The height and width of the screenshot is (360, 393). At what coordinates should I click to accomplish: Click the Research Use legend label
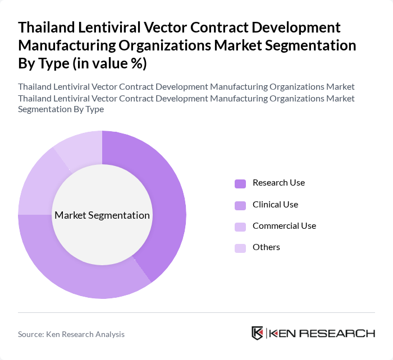pos(278,183)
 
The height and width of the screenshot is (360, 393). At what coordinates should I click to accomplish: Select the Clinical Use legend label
pos(275,205)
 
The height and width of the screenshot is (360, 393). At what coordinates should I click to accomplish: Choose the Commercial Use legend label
pos(284,226)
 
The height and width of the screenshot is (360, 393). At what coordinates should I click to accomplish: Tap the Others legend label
pos(266,247)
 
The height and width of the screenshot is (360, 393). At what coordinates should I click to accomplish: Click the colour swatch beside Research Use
pos(240,183)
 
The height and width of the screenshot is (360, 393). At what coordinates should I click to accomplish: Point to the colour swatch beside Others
pos(240,248)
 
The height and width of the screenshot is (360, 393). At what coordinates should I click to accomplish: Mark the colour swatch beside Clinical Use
pos(240,205)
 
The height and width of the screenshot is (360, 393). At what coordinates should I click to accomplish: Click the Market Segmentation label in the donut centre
pos(102,215)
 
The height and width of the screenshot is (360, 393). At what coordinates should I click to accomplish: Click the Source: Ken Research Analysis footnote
pos(71,334)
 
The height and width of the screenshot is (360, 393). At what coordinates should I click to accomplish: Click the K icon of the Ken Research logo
pos(257,333)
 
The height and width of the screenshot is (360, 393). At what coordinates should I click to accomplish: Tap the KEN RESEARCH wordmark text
pos(322,333)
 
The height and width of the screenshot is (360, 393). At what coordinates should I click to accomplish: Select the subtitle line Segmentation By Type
pos(61,109)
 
